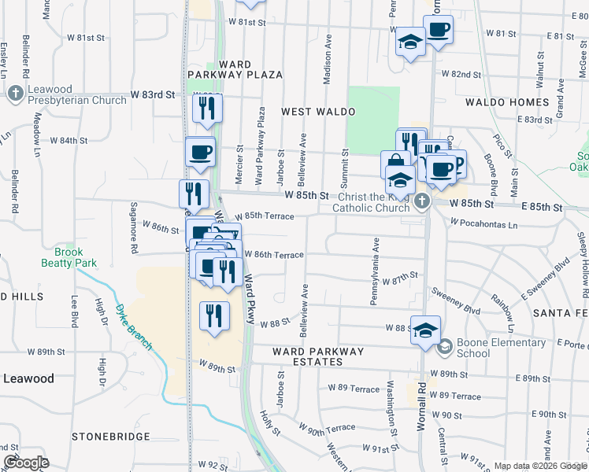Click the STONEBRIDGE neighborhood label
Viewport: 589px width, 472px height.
point(109,436)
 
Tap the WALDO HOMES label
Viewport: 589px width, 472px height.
point(506,102)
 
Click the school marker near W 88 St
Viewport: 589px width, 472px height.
point(425,330)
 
